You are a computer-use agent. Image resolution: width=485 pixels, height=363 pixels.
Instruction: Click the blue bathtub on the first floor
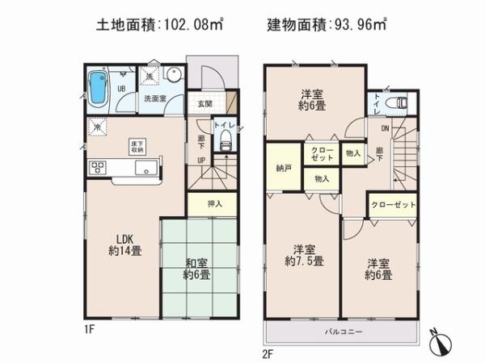(97, 86)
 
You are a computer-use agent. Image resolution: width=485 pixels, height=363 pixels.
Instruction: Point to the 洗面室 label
(155, 98)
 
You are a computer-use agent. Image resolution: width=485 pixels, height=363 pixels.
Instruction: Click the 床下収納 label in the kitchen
(137, 146)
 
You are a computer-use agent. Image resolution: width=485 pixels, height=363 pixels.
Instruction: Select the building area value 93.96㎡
(356, 24)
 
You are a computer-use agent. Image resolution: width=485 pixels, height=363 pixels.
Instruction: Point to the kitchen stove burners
(99, 168)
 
